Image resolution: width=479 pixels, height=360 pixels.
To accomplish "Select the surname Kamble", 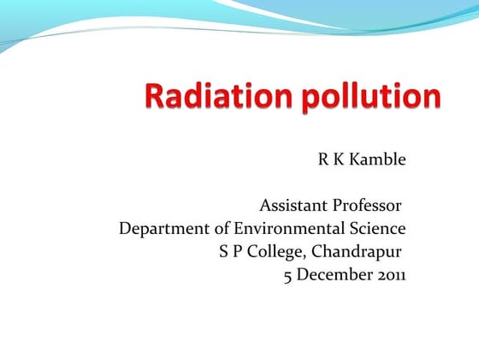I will [376, 160].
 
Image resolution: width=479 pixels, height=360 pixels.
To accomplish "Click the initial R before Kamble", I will [323, 160].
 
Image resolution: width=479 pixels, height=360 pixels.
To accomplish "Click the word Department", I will [160, 230].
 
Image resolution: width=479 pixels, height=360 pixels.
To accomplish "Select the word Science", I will [376, 229].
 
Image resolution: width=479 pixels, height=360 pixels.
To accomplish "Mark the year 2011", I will [390, 275].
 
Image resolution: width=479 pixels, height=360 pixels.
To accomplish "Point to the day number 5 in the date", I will [288, 275].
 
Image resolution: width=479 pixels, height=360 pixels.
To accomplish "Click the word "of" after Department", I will [214, 229].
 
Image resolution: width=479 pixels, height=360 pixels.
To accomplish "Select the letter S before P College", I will [224, 252].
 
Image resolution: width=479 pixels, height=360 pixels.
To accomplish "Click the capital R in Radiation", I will [154, 97].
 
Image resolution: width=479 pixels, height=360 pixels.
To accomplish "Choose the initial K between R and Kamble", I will [339, 160].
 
